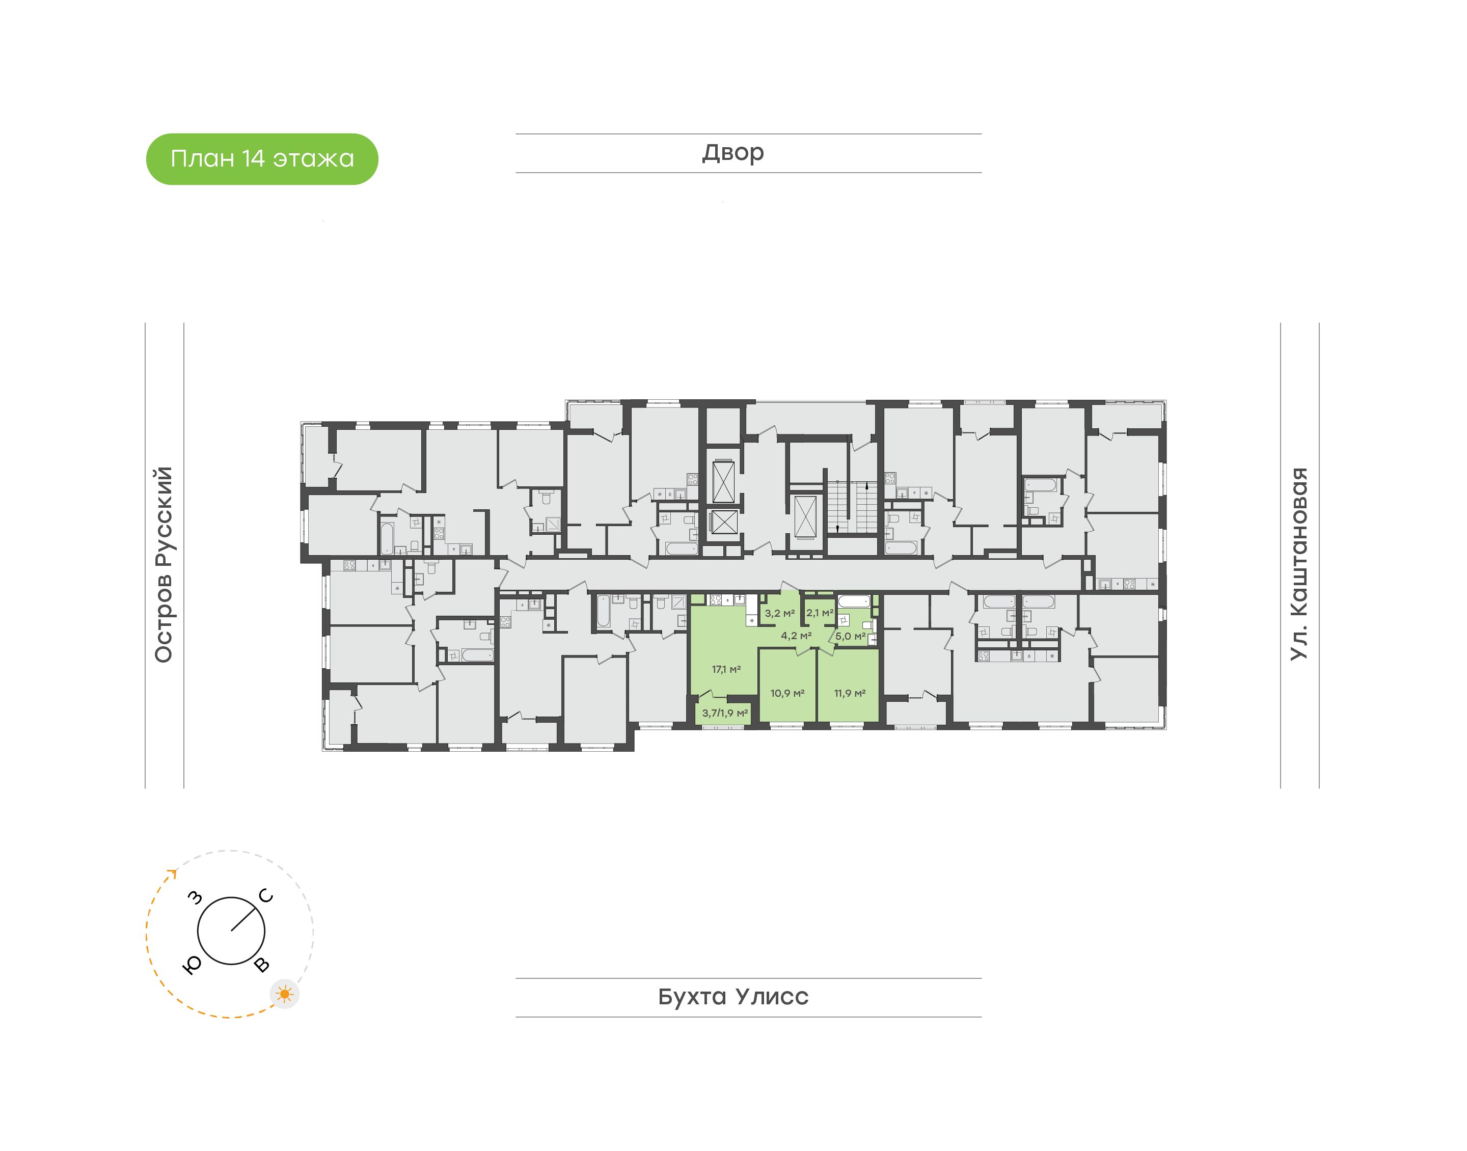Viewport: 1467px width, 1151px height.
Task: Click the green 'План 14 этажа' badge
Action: (262, 159)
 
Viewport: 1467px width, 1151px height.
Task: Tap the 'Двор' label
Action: (733, 153)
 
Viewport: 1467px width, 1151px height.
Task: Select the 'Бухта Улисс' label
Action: (733, 997)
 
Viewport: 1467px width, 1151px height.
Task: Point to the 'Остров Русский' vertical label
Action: (164, 564)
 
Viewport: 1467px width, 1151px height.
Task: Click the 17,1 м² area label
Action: (726, 669)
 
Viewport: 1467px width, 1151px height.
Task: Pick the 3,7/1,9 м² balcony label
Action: (725, 713)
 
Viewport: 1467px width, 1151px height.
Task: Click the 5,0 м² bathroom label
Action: (851, 636)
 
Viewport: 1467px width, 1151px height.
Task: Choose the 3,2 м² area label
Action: (780, 613)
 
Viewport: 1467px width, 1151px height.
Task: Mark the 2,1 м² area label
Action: (820, 613)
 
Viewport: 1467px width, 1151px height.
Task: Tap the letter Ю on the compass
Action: (192, 966)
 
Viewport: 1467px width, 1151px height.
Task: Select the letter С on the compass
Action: (267, 896)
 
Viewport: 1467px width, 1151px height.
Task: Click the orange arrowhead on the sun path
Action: (173, 874)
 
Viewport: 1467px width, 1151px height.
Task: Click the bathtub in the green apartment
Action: (854, 602)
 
